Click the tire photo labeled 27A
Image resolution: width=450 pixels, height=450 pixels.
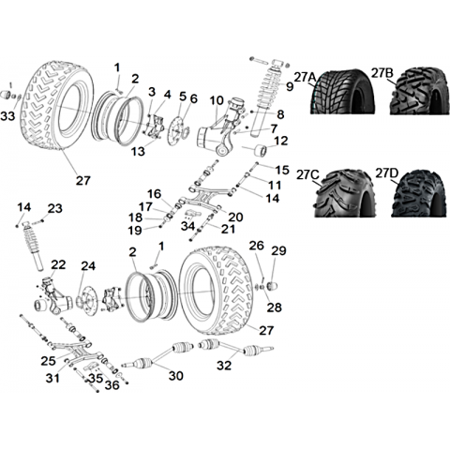[x=341, y=91]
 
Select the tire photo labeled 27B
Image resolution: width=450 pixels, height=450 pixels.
[x=420, y=91]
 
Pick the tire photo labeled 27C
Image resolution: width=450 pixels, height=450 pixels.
[x=345, y=193]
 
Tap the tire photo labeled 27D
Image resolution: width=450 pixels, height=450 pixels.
[x=420, y=193]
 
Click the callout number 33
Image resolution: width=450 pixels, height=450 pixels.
[x=7, y=116]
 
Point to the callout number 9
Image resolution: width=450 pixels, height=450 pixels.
[x=290, y=86]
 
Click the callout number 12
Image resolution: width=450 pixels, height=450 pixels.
[x=281, y=141]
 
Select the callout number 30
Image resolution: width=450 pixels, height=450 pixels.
[x=175, y=375]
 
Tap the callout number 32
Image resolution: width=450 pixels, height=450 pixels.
[x=224, y=365]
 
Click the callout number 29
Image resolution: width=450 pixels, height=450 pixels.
[x=278, y=250]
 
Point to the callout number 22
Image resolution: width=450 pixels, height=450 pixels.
[x=58, y=265]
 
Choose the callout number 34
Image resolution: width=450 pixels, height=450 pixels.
[x=188, y=226]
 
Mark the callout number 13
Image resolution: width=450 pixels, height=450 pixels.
[x=138, y=151]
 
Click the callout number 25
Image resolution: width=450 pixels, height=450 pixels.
[x=48, y=361]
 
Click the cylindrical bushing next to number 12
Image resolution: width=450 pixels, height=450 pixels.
[x=262, y=152]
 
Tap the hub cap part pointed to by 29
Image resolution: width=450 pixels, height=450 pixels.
[x=272, y=286]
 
